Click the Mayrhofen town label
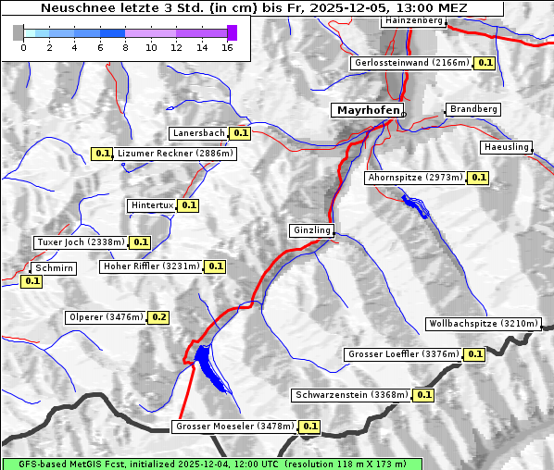[x=368, y=110]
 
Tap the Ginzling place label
[x=310, y=230]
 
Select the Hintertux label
[x=152, y=205]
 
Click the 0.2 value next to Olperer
[x=158, y=317]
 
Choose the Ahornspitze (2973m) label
[x=414, y=177]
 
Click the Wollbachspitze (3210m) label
[x=483, y=324]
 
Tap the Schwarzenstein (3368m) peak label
[x=351, y=395]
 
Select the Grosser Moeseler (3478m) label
[x=234, y=427]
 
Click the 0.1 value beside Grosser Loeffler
[x=474, y=354]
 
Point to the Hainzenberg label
[x=412, y=20]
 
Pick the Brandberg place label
[x=473, y=109]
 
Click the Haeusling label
[x=506, y=147]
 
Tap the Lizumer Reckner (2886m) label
[x=175, y=154]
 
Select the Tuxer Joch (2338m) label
[x=80, y=242]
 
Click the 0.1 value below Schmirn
[x=31, y=280]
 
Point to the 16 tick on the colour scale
[x=227, y=46]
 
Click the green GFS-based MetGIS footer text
[x=211, y=464]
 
